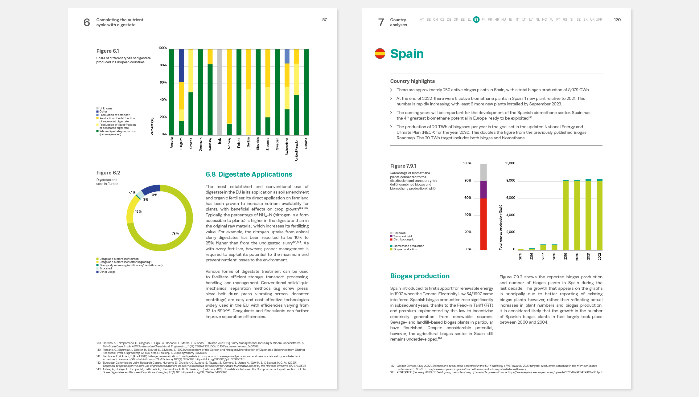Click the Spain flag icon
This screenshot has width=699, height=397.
point(380,54)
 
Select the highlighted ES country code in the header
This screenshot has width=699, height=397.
point(476,20)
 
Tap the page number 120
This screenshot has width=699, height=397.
point(617,20)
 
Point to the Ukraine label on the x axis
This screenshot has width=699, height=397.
point(306,143)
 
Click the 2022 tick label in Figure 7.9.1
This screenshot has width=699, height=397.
point(599,256)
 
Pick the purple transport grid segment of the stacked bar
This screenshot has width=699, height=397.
point(483,190)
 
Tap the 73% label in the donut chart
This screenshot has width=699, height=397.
point(175,233)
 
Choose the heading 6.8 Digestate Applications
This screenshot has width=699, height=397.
point(249,174)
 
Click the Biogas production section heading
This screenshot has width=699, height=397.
point(420,276)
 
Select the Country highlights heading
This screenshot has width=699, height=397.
point(412,81)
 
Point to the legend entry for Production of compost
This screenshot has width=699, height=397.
point(114,115)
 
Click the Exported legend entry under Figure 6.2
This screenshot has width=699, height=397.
point(105,268)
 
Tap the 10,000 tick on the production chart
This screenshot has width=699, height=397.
point(510,163)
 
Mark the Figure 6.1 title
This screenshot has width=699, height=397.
point(108,51)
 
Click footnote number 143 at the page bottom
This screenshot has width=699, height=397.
point(98,369)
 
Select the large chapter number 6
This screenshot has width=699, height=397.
point(87,22)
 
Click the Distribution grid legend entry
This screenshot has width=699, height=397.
point(403,239)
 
